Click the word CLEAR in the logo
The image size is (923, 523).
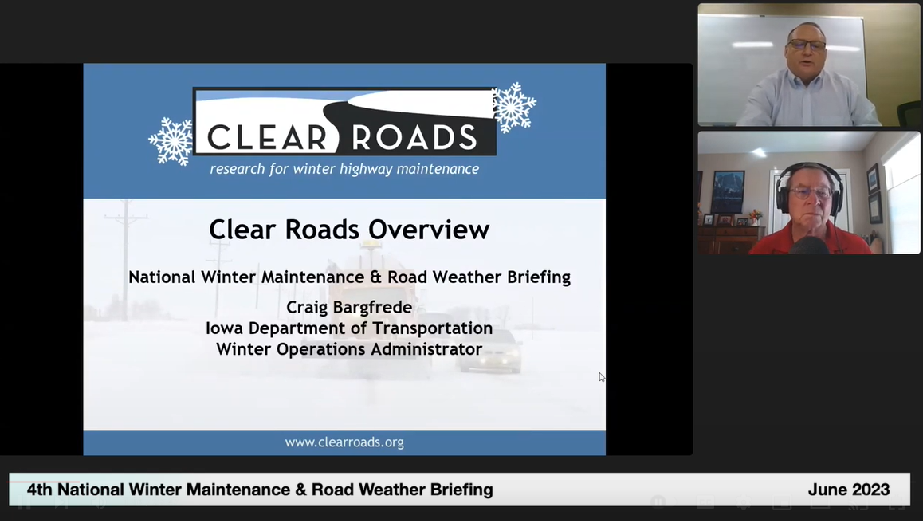click(266, 138)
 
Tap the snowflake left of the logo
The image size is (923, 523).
click(171, 141)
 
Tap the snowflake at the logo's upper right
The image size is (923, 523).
click(514, 107)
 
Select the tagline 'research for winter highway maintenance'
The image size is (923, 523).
click(344, 169)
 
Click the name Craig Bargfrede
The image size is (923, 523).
click(349, 308)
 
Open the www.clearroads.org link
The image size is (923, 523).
click(344, 442)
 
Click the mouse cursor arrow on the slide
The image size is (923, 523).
click(602, 377)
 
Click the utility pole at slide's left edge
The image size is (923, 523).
click(125, 259)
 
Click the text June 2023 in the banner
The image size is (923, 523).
click(848, 490)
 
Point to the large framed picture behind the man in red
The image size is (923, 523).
click(727, 191)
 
